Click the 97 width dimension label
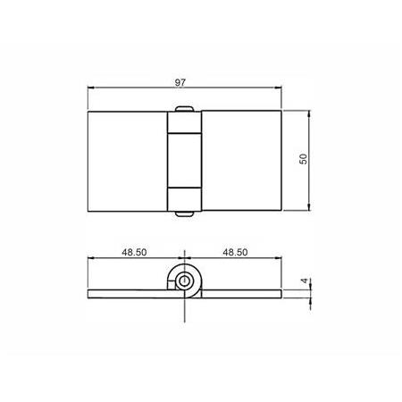click(x=180, y=82)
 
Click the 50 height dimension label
click(x=303, y=159)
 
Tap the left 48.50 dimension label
click(x=134, y=252)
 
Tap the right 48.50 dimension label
click(x=235, y=252)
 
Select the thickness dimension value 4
click(x=304, y=281)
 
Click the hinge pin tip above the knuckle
click(x=184, y=109)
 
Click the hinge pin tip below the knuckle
click(x=184, y=214)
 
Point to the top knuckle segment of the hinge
click(x=185, y=122)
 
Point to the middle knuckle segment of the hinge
click(x=185, y=161)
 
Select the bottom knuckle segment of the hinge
click(x=185, y=199)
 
